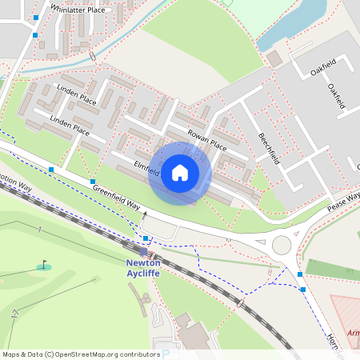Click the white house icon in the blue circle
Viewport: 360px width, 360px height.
[x=180, y=173]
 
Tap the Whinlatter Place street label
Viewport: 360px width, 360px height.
[x=77, y=10]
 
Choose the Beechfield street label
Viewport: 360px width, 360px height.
[x=269, y=148]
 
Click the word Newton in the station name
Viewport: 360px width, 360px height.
[x=143, y=262]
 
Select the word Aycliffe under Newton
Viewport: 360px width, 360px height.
[x=143, y=273]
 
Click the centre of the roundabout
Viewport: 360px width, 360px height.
[x=282, y=244]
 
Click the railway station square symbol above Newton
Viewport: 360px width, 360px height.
[x=142, y=251]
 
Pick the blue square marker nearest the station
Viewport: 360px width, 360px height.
[x=145, y=238]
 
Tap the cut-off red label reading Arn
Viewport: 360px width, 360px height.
[x=353, y=333]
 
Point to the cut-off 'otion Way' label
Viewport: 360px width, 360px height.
[x=15, y=185]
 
